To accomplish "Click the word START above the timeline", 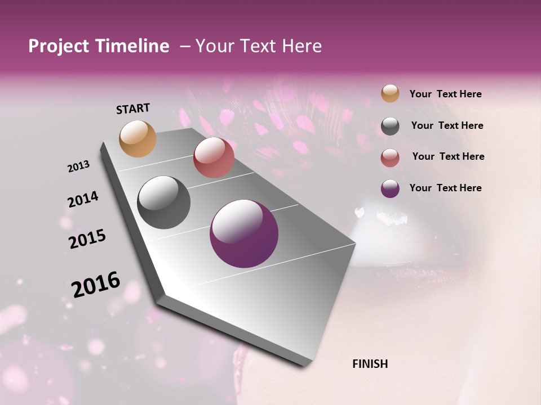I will pos(133,109).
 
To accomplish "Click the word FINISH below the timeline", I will pos(370,364).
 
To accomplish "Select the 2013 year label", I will pos(79,166).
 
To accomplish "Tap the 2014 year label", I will pos(83,199).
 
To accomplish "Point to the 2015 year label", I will pos(87,239).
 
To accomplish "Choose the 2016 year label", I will pos(96,284).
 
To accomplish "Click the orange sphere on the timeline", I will pos(138,138).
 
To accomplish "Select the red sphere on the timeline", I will pos(214,157).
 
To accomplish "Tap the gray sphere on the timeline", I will pos(164,202).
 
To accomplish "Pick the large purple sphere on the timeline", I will pos(244,233).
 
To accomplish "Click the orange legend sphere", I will pos(390,93).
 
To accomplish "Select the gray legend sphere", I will pos(390,126).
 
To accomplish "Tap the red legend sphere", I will pos(390,157).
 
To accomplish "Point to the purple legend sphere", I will pos(390,188).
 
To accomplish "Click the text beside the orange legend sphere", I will pos(445,94).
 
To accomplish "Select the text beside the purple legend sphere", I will pos(445,188).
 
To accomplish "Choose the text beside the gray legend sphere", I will pos(447,125).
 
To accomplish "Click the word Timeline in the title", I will pos(130,46).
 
